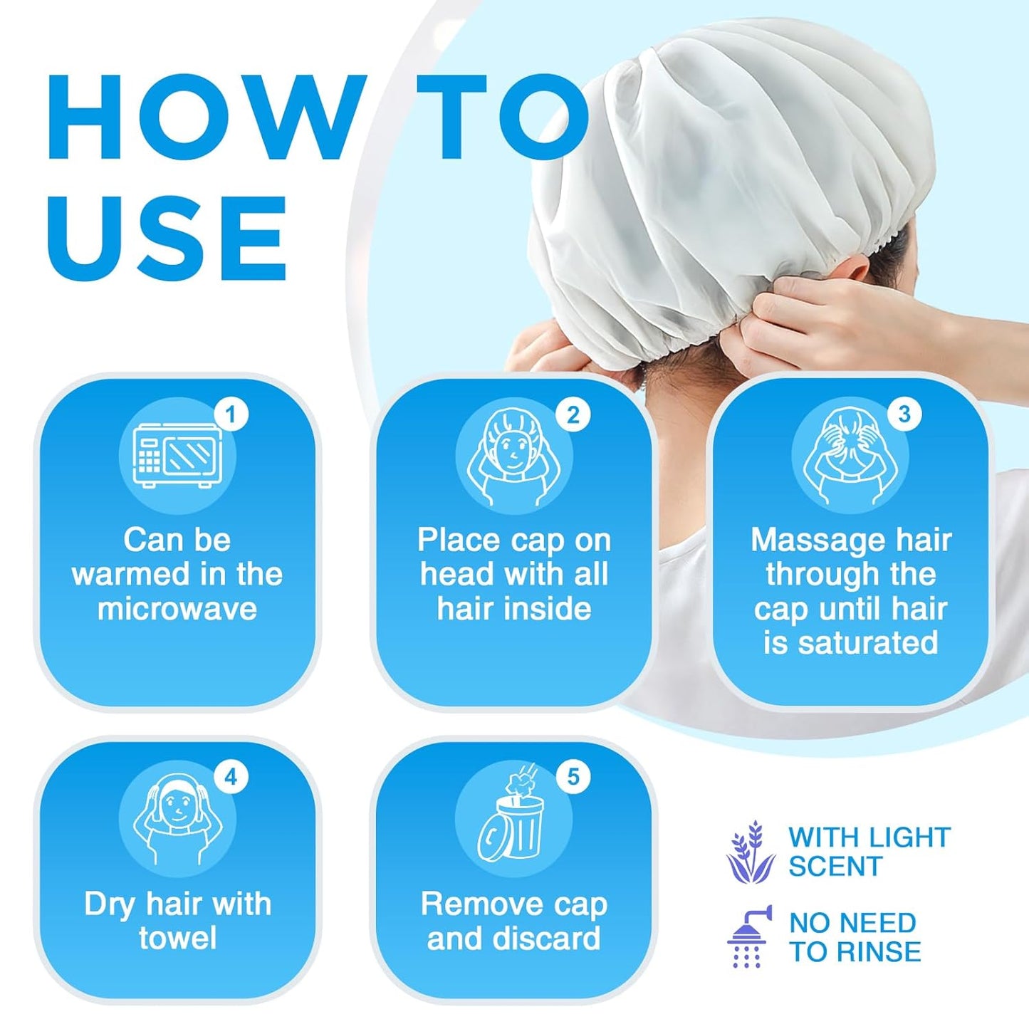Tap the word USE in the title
(167, 239)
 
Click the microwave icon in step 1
(177, 455)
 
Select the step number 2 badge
(573, 414)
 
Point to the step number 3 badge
(904, 414)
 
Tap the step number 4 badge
(231, 777)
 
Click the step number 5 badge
(573, 777)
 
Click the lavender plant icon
(751, 852)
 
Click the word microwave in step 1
(177, 610)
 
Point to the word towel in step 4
(177, 938)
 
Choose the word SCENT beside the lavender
(835, 867)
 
